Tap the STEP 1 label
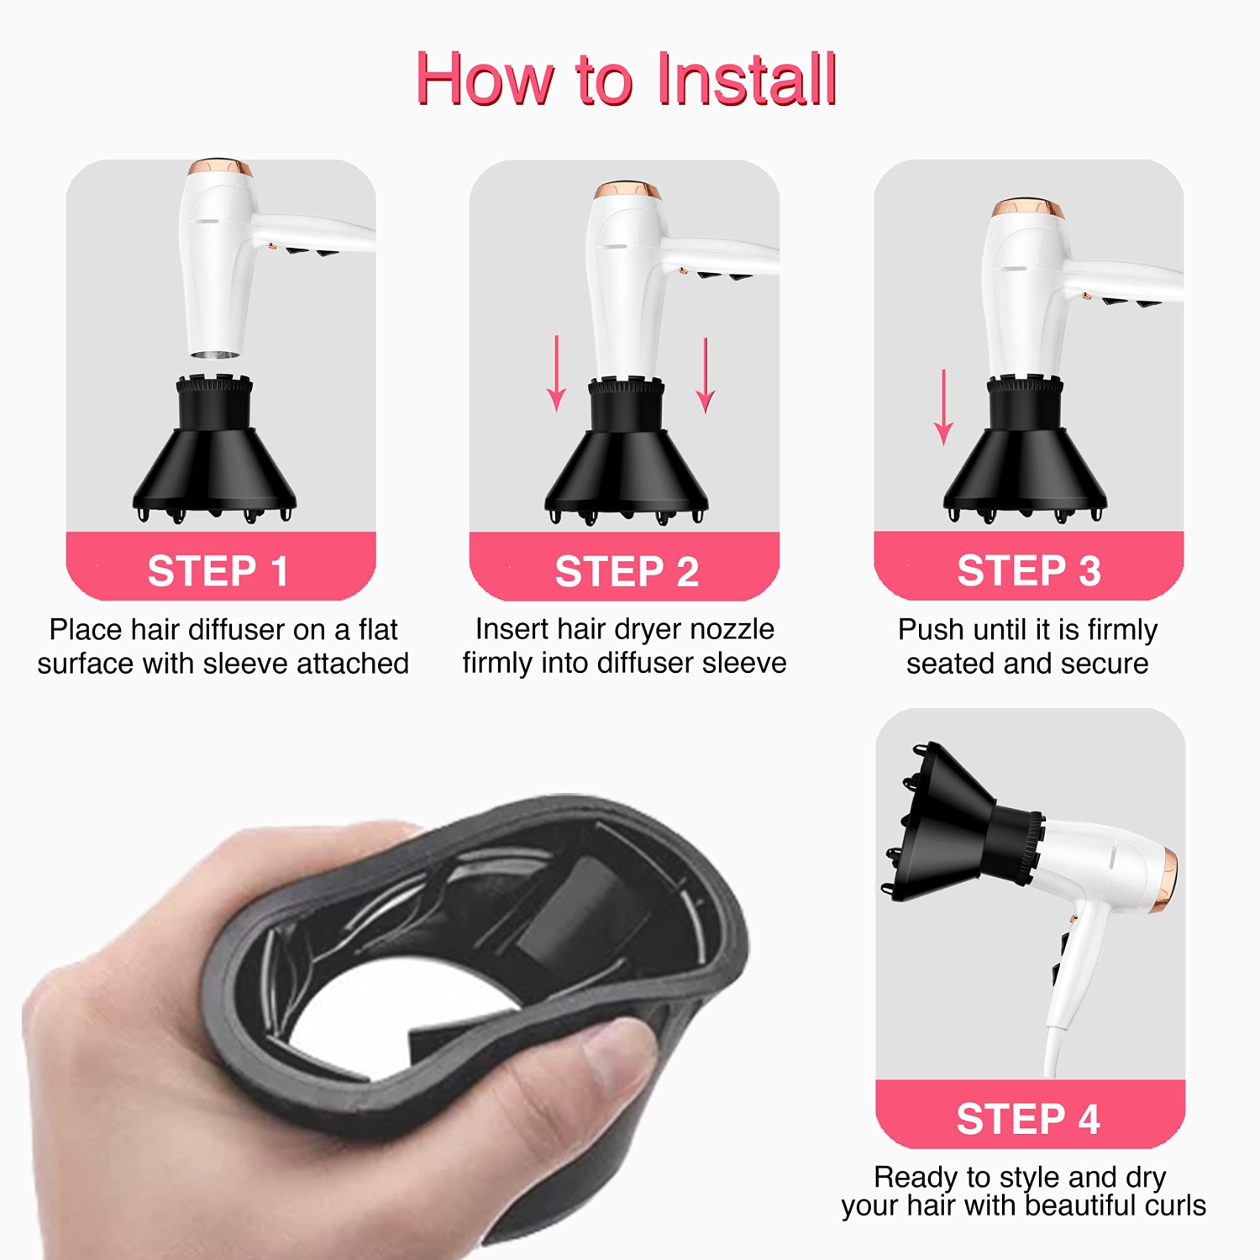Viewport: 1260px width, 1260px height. tap(218, 572)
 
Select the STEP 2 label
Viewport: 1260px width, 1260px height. tap(627, 572)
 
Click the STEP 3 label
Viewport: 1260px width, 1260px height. tap(1029, 571)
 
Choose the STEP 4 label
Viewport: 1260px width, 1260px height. tap(1028, 1119)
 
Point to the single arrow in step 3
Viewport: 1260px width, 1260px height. tap(944, 407)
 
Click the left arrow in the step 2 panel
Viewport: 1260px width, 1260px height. tap(556, 374)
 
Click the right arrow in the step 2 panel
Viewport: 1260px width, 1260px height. tap(706, 375)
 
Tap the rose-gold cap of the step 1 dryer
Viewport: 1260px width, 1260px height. tap(219, 166)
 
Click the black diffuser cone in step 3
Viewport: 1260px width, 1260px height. tap(1025, 470)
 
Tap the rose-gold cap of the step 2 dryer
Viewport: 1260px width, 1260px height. tap(627, 190)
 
